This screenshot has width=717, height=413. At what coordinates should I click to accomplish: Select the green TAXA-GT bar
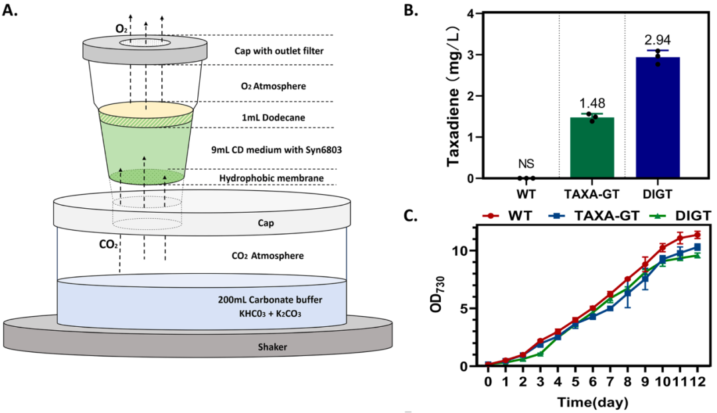592,148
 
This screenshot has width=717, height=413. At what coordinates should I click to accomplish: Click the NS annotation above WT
526,164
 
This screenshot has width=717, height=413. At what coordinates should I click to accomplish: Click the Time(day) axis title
592,401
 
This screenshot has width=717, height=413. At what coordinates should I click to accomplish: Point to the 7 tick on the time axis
609,383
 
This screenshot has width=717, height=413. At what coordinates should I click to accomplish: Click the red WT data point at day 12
697,235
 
